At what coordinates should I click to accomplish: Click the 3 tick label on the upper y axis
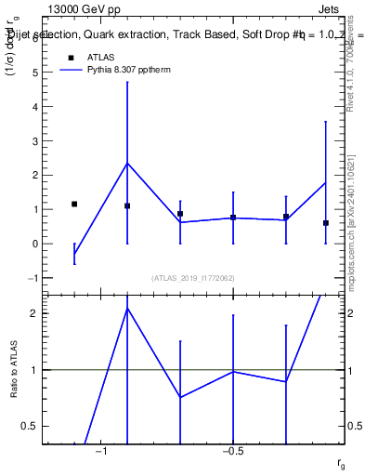click(36, 140)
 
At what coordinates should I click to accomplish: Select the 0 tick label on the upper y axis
click(36, 244)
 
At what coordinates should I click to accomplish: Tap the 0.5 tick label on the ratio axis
click(33, 426)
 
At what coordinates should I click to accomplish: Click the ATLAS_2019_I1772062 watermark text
click(194, 277)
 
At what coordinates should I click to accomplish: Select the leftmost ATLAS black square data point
click(74, 204)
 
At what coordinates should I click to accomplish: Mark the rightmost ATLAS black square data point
click(326, 223)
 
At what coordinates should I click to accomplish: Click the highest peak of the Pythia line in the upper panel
click(127, 163)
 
